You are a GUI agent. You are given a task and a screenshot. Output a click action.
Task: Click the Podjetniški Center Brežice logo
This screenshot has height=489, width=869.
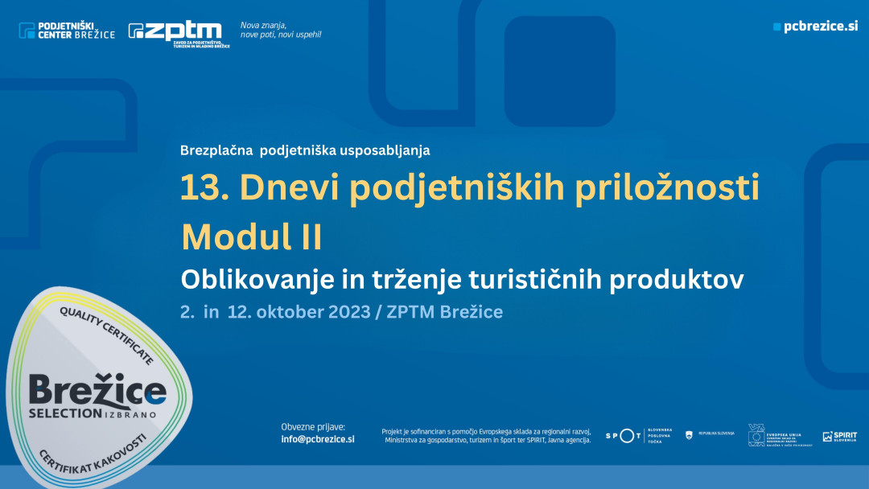tap(67, 31)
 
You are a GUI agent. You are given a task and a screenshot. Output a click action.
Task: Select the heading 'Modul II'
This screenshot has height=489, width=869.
tap(251, 236)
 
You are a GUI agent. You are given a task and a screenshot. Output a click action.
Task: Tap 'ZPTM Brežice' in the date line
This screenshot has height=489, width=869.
tap(445, 311)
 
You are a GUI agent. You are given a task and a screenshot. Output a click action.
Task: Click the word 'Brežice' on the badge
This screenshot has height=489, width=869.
tap(97, 392)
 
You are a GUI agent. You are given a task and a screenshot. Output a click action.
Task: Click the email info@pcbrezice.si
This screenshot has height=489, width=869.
tap(318, 439)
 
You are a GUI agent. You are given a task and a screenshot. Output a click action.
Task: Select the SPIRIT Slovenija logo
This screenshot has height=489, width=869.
tap(839, 436)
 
